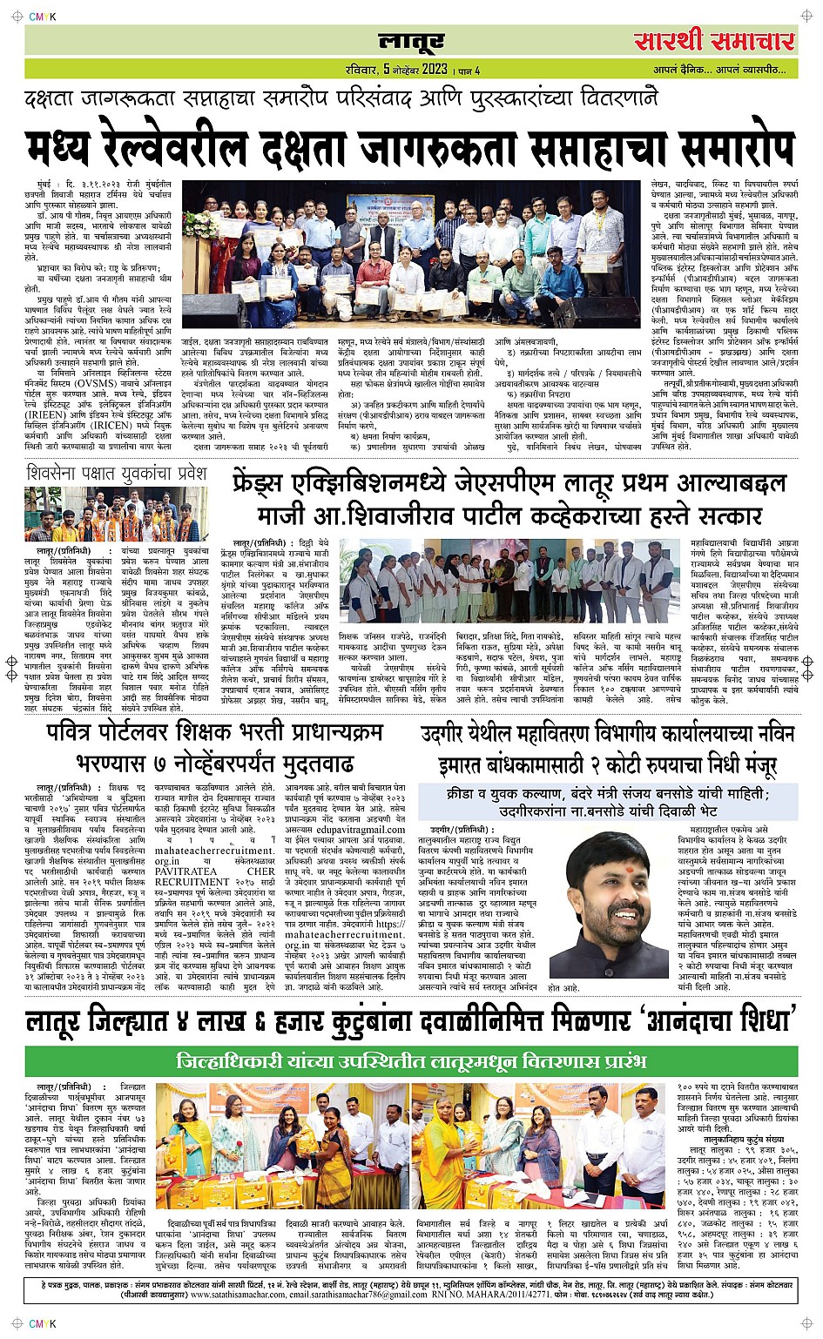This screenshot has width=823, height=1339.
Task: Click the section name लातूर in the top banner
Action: (x=411, y=41)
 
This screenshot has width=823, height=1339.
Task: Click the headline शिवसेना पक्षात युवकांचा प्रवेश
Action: (x=117, y=474)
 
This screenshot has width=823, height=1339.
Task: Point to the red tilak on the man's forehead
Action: (x=598, y=865)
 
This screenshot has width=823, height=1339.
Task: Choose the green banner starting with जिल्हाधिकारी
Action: (x=410, y=1061)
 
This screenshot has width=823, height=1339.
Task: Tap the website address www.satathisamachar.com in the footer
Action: (x=239, y=1295)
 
